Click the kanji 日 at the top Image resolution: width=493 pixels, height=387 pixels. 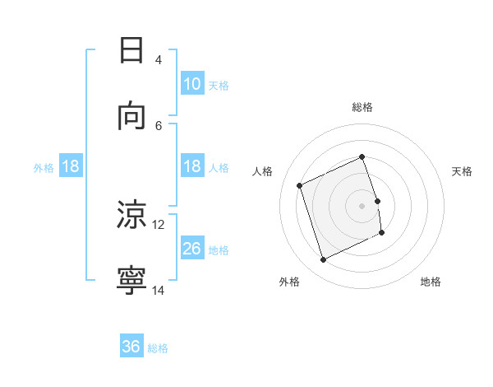coord(131,51)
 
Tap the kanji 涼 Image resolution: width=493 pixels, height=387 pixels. coord(131,215)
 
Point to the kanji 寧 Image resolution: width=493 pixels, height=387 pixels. coord(131,281)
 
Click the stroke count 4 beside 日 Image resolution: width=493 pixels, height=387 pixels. coord(158,60)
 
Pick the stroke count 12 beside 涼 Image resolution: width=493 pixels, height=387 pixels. coord(159,224)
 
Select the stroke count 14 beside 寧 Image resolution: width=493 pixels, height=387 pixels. coord(159,290)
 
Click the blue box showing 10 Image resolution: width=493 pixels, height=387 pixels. coord(191,84)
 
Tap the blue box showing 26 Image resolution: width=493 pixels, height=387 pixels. coord(191,249)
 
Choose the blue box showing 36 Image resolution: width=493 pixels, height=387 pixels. coord(131,347)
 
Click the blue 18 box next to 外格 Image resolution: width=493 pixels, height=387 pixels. coord(71,166)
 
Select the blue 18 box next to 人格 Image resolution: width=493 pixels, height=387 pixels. coord(191,166)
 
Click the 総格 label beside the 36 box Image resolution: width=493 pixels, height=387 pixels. coord(158,348)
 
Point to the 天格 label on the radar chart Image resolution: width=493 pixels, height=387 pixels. coord(462,171)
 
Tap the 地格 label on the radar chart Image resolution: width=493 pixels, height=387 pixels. coord(431,282)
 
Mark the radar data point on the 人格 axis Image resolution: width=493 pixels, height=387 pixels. coord(300,185)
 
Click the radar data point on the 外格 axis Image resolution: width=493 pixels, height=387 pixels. coord(323,260)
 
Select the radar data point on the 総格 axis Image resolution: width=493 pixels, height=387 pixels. coord(362,156)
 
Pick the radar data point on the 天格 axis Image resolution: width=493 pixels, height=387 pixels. coord(377,200)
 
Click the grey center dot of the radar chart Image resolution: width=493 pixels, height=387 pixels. coord(362,205)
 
